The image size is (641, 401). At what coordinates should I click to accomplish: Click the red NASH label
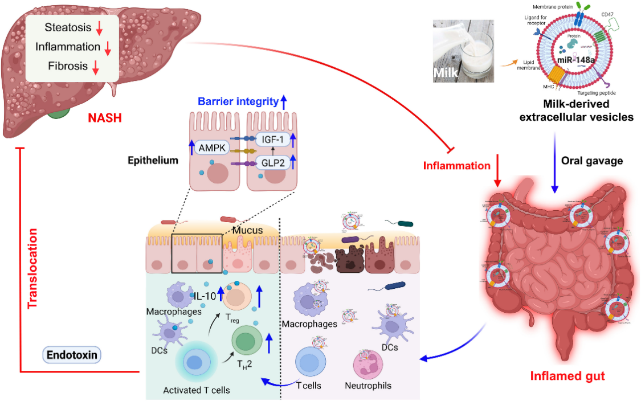(x=106, y=118)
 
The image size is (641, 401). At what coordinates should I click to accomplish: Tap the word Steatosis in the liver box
(x=65, y=27)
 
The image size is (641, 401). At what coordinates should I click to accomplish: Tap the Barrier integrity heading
(x=238, y=102)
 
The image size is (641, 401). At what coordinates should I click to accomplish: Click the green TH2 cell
(x=246, y=342)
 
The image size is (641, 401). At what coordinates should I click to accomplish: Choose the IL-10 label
(x=204, y=296)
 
